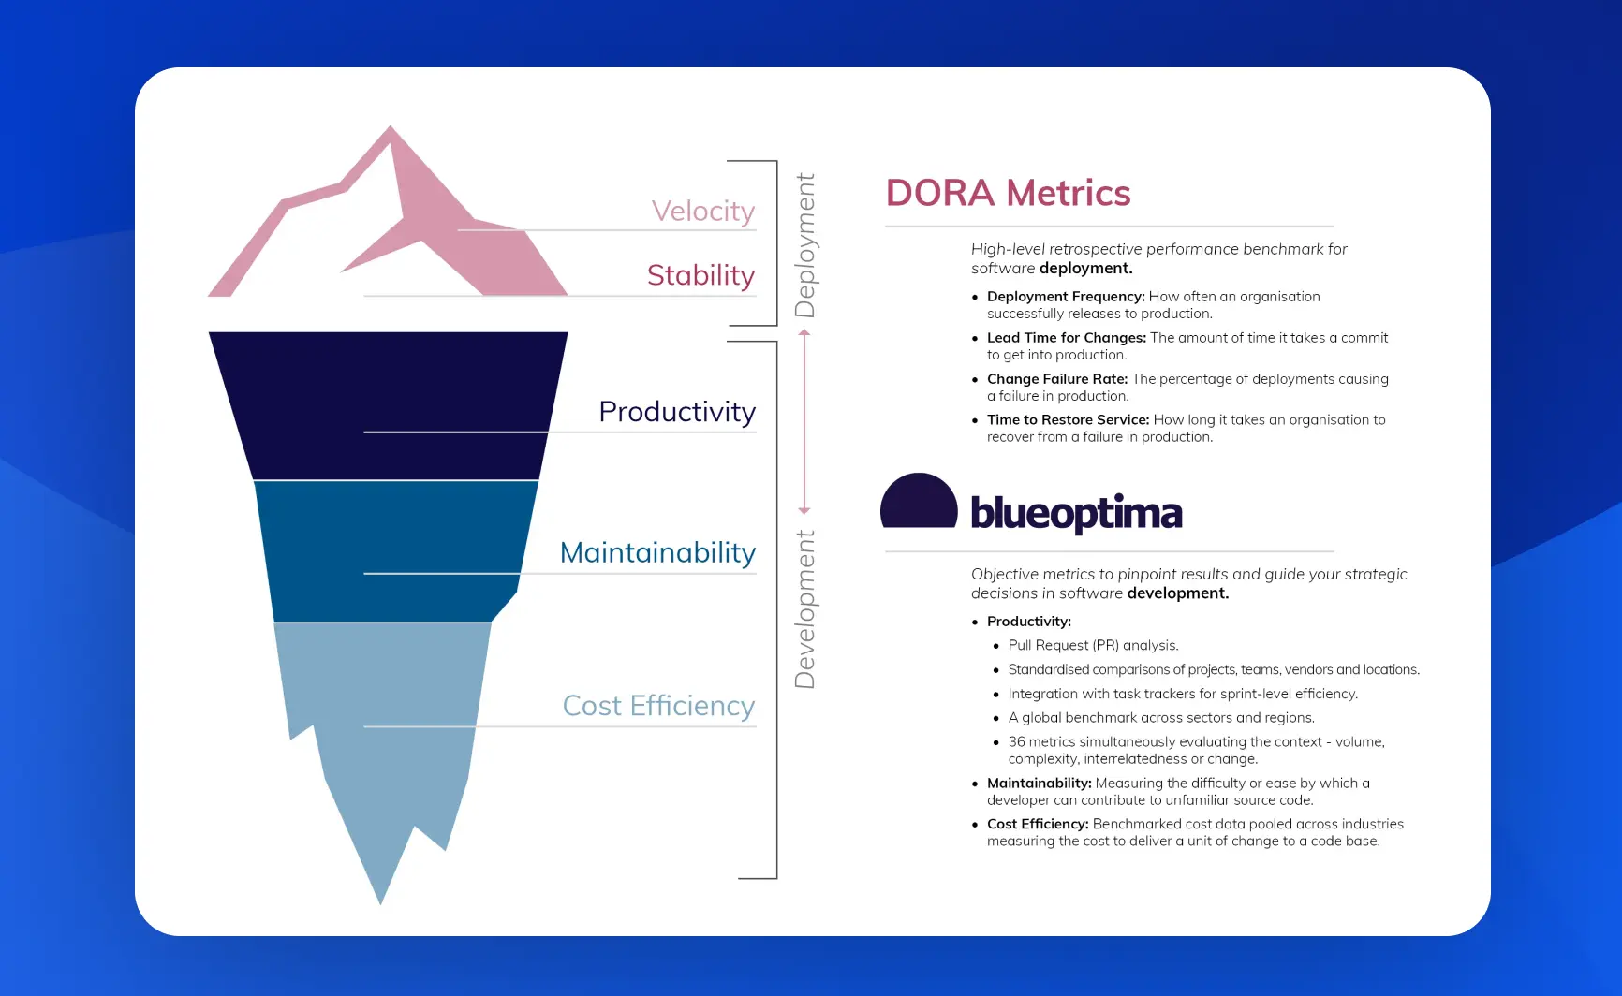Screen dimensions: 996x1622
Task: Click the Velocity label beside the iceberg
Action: point(702,212)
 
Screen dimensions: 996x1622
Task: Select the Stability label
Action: point(700,275)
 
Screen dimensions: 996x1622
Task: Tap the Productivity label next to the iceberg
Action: point(676,412)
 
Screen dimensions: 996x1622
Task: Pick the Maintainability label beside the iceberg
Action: point(657,553)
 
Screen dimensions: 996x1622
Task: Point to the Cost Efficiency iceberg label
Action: point(658,706)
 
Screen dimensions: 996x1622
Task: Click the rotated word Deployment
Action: point(804,245)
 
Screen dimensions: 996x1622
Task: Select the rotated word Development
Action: point(804,609)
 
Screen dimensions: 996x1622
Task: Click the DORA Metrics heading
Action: point(1008,194)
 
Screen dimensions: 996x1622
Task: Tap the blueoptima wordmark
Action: point(1076,513)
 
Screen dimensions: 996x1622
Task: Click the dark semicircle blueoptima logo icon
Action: point(919,503)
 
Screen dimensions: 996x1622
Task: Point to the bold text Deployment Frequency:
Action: point(1066,297)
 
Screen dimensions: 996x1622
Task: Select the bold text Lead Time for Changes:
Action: point(1066,338)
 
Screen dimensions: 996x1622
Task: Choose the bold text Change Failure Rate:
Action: point(1056,379)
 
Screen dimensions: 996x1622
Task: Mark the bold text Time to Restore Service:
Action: point(1068,420)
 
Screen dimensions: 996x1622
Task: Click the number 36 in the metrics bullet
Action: point(1016,742)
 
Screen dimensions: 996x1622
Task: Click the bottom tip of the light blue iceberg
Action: point(380,899)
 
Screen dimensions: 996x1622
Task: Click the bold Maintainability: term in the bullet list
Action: point(1039,784)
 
